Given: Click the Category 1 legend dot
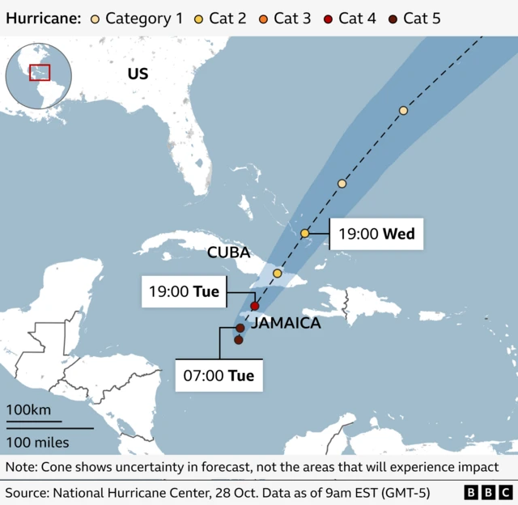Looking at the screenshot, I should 96,18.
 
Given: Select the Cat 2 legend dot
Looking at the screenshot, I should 199,18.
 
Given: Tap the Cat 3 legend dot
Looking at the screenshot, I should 264,18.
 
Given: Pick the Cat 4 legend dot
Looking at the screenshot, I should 329,18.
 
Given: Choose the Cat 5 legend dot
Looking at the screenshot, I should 393,18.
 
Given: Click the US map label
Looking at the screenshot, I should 138,74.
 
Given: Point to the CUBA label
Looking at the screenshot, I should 229,252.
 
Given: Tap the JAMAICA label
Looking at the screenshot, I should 286,324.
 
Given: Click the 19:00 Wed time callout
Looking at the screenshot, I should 376,234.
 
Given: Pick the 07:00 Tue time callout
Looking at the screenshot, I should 219,376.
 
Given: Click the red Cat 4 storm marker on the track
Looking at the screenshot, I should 255,306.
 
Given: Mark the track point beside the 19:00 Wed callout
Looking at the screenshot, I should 305,233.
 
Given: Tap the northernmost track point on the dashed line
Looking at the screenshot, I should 403,110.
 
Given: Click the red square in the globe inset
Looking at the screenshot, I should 40,72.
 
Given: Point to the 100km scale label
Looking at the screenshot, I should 28,410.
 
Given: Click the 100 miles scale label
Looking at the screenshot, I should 38,442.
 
